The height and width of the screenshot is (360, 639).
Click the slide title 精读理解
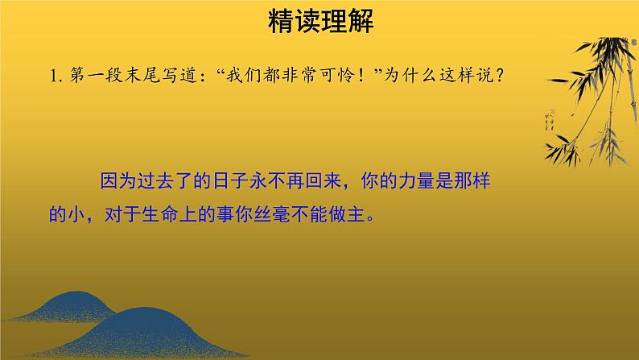[x=319, y=22]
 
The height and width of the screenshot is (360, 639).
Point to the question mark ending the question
[x=501, y=75]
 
